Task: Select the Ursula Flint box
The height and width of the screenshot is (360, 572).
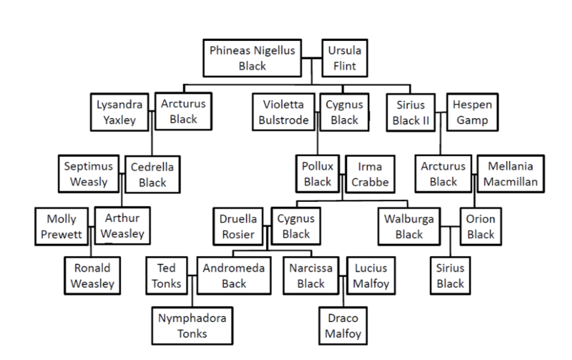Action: (x=345, y=58)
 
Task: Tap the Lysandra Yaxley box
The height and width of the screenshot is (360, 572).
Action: (x=120, y=112)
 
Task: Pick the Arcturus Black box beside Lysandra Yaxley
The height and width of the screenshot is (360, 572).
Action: (x=183, y=111)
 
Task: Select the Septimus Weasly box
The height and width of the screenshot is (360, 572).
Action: (x=88, y=173)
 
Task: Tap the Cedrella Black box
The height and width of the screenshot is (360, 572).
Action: (x=152, y=174)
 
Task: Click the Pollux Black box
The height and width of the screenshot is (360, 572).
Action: (x=317, y=174)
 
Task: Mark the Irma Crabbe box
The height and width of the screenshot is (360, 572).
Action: (x=366, y=174)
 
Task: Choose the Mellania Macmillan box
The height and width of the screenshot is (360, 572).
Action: (x=511, y=174)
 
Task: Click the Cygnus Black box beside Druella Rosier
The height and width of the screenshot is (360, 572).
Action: (x=295, y=226)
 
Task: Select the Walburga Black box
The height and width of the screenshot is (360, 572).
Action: (x=408, y=226)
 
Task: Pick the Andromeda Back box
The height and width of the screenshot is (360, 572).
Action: (x=233, y=276)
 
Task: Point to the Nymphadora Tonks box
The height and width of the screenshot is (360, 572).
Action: (x=192, y=326)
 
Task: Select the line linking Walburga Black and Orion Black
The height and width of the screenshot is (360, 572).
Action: (x=450, y=226)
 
